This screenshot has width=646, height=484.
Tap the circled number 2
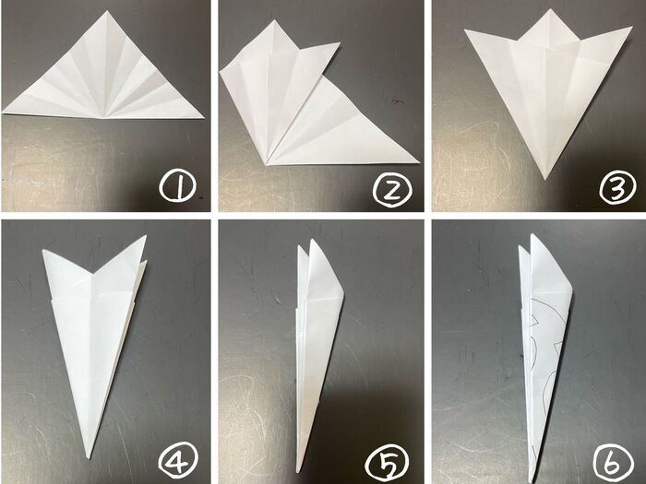click(x=392, y=191)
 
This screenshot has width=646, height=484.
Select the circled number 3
click(x=616, y=188)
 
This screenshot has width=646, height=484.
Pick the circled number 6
click(x=613, y=463)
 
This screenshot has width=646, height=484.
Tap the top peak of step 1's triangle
click(x=105, y=11)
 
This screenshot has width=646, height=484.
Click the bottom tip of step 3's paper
click(x=545, y=180)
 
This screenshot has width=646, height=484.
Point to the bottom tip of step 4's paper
click(x=89, y=458)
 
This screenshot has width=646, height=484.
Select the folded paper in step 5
click(x=318, y=354)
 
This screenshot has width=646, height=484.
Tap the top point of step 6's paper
click(x=532, y=234)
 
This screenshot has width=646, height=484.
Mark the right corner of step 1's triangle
click(x=204, y=118)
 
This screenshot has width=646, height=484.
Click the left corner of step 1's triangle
click(x=2, y=112)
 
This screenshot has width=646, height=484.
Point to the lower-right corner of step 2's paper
click(x=419, y=161)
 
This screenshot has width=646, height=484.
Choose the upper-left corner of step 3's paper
click(x=465, y=30)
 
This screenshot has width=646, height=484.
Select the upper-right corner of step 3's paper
click(x=632, y=27)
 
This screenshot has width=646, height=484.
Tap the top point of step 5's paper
click(x=312, y=239)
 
